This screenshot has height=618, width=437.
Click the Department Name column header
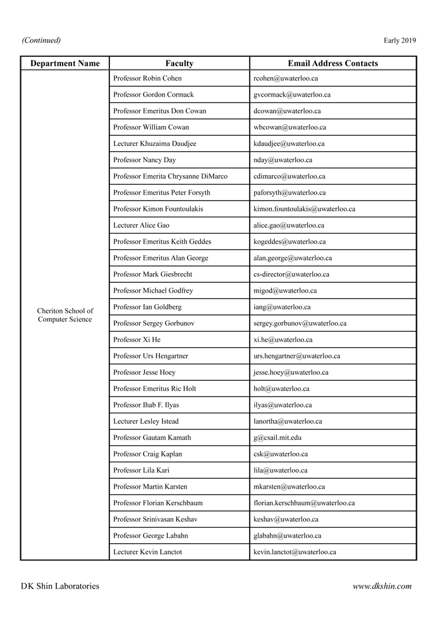(65, 63)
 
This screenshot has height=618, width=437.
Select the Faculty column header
(179, 63)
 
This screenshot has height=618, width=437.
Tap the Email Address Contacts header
(333, 63)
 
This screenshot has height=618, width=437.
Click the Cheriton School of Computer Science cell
(65, 315)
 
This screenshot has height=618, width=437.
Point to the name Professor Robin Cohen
(147, 78)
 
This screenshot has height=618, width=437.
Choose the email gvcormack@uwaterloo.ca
(292, 94)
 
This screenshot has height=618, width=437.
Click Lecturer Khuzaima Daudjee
(155, 144)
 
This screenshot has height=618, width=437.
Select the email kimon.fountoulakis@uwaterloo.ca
(304, 209)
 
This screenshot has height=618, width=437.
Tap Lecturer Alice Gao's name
(141, 225)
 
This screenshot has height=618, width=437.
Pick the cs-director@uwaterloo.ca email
(292, 274)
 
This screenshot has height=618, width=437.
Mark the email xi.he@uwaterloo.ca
(283, 340)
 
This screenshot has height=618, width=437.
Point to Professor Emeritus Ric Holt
(155, 389)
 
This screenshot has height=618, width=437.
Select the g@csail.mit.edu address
(277, 437)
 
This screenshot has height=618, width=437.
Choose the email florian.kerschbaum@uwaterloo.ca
(304, 503)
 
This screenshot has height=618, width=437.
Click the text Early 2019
(400, 40)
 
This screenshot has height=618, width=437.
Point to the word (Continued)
(41, 40)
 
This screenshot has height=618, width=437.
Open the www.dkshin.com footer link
(382, 586)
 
